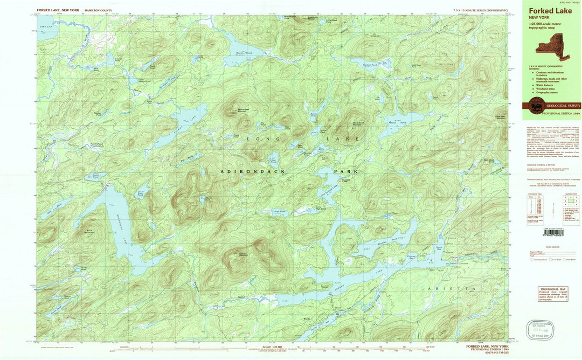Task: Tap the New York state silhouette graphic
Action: click(x=553, y=44)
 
